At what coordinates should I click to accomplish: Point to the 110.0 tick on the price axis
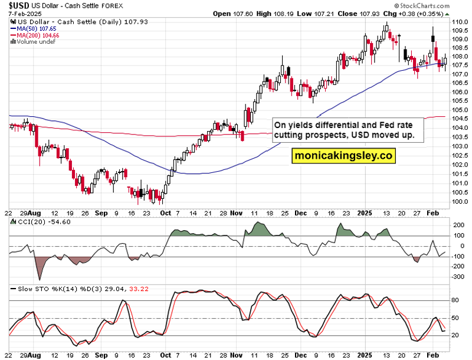click(460, 22)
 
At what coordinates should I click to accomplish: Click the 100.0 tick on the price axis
click(460, 201)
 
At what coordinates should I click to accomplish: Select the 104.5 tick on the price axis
click(460, 119)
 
